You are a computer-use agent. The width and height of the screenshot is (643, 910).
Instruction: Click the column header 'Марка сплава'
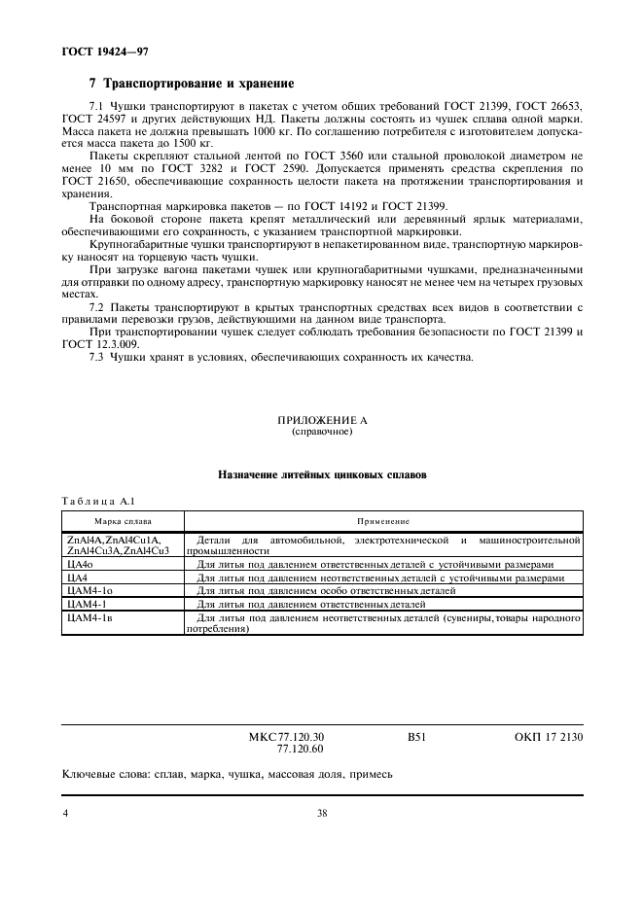pyautogui.click(x=123, y=521)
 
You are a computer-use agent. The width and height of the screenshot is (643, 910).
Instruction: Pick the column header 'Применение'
pyautogui.click(x=383, y=521)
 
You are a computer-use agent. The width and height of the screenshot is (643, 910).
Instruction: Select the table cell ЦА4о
pyautogui.click(x=80, y=564)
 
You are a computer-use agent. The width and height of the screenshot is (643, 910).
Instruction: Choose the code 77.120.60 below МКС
pyautogui.click(x=301, y=750)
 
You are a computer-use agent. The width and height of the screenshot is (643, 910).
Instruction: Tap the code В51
pyautogui.click(x=417, y=738)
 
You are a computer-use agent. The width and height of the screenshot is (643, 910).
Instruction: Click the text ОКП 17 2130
pyautogui.click(x=549, y=738)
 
